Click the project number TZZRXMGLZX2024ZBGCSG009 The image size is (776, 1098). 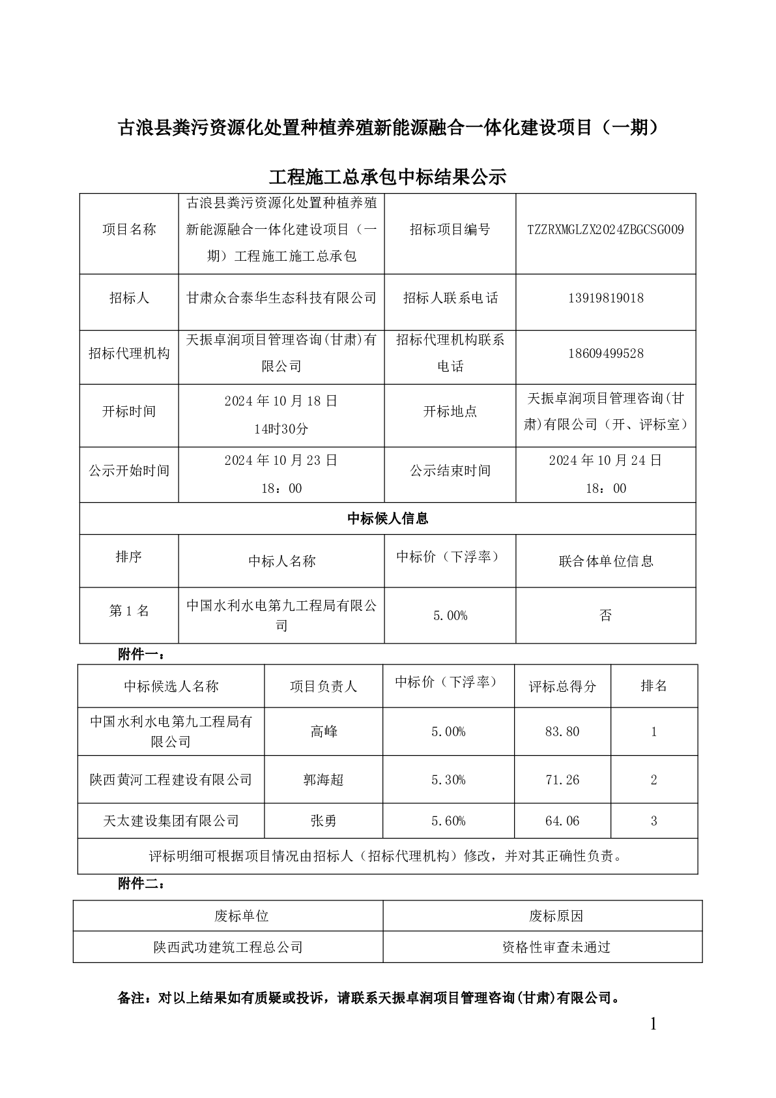(x=605, y=230)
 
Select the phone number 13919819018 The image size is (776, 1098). (x=605, y=298)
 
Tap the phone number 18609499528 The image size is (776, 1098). (x=605, y=353)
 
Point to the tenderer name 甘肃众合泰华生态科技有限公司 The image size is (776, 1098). (x=281, y=298)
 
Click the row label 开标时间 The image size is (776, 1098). (x=129, y=411)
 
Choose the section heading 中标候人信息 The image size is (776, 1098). (x=388, y=518)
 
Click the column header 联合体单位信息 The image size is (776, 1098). (x=605, y=561)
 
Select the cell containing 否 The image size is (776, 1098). (x=605, y=615)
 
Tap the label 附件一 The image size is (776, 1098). (x=141, y=655)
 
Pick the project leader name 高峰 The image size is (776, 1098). (x=324, y=732)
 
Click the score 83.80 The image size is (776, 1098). (x=562, y=732)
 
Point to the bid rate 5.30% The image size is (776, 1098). (x=448, y=780)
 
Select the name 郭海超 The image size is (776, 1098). (x=324, y=780)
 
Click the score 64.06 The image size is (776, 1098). (x=562, y=821)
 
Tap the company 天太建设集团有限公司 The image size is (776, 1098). (x=171, y=821)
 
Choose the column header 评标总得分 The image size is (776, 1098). (x=562, y=686)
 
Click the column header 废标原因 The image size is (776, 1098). (x=556, y=916)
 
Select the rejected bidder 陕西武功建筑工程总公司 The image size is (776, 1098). (x=228, y=947)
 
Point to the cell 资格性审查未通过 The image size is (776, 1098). (x=556, y=947)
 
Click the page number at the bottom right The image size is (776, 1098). (x=654, y=1024)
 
